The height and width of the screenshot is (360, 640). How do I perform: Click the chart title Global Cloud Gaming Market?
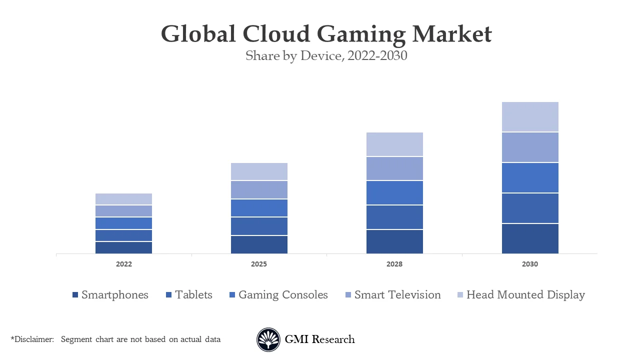click(x=326, y=34)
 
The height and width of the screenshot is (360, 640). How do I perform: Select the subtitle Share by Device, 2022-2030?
click(x=326, y=55)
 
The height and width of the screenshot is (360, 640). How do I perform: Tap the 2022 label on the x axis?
click(x=124, y=264)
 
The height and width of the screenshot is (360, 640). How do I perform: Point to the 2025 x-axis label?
click(x=259, y=264)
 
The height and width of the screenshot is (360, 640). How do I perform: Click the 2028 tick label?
click(x=394, y=264)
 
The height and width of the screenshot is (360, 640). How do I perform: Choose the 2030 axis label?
click(x=530, y=264)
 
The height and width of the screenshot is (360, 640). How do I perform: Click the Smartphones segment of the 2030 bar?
click(x=530, y=238)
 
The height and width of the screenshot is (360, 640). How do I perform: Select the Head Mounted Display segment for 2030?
click(x=530, y=116)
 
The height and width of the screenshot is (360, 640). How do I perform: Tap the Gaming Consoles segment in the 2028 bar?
click(x=394, y=192)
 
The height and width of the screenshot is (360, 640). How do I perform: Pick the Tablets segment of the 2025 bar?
click(x=259, y=226)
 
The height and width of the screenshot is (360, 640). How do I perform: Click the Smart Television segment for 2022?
click(x=124, y=210)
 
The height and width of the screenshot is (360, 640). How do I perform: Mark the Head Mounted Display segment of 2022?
click(x=124, y=198)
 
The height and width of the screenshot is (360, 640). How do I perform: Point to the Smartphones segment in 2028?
click(x=394, y=241)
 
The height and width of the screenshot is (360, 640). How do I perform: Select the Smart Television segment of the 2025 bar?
click(x=259, y=189)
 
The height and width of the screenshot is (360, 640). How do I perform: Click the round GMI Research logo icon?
click(x=268, y=339)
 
